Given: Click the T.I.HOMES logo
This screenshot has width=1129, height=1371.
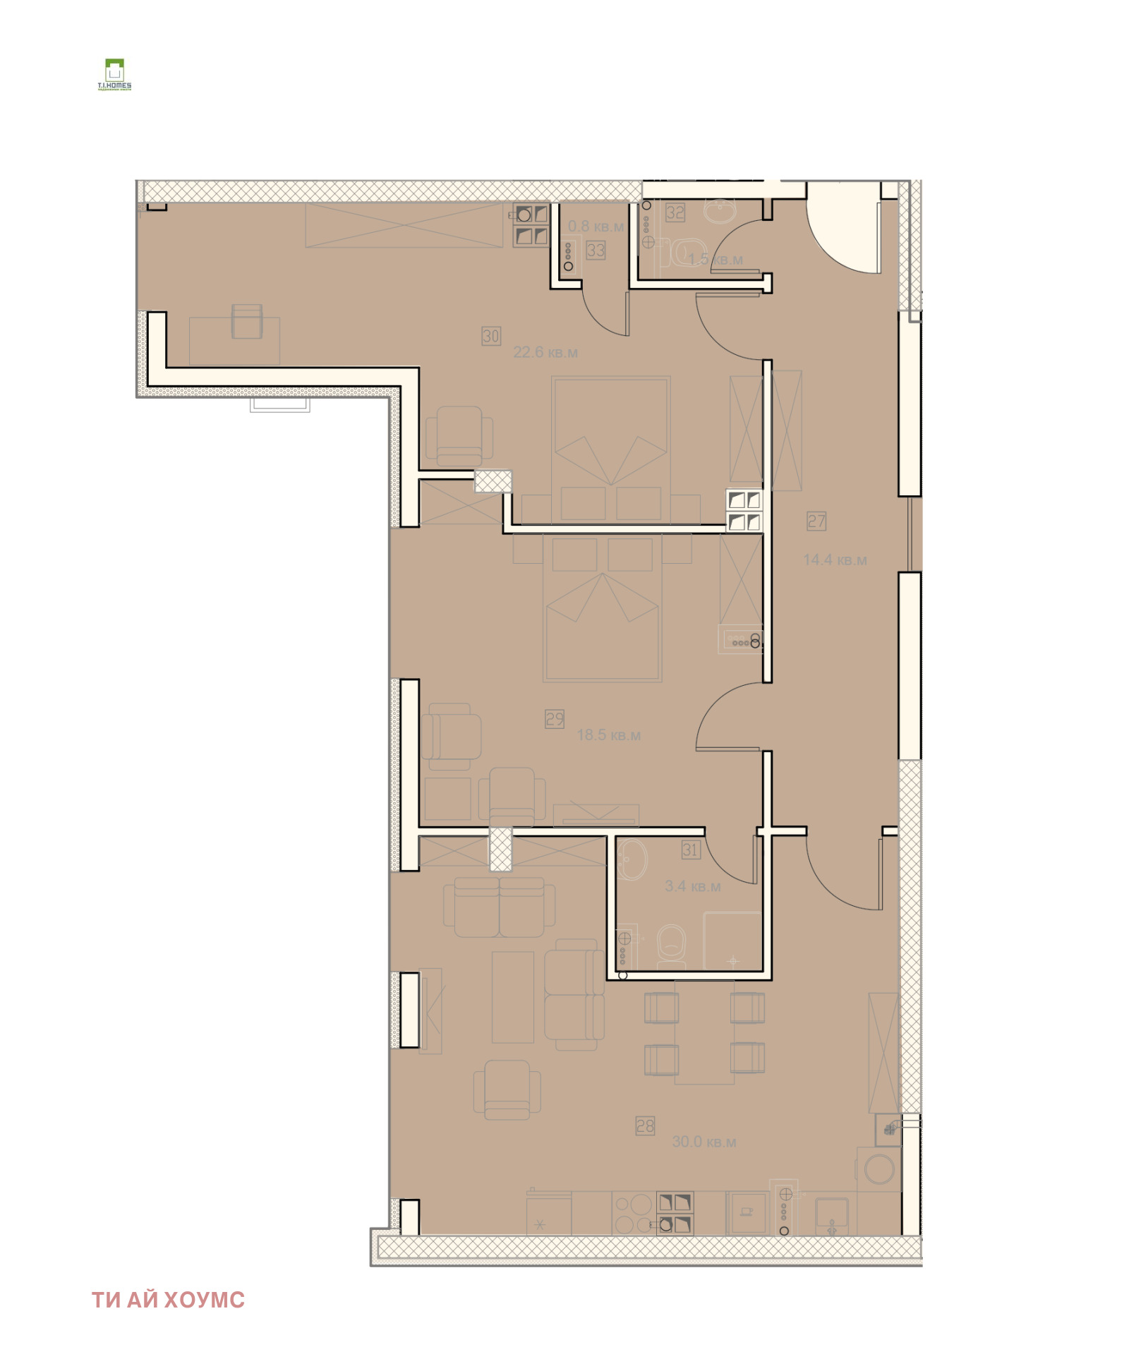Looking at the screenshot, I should (114, 75).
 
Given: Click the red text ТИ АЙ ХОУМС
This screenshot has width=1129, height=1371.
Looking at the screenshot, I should (168, 1300).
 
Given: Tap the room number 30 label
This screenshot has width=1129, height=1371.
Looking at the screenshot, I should (491, 336).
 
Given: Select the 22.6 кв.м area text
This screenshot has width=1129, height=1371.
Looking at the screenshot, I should (545, 352).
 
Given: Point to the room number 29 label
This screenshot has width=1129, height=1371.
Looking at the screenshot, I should (555, 719).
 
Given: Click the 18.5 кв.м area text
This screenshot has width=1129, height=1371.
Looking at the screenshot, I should (609, 735).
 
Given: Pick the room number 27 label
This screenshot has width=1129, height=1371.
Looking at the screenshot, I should (816, 521).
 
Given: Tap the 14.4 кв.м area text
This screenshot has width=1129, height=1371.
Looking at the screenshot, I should (835, 560).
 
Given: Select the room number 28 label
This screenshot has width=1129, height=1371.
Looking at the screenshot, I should (645, 1126).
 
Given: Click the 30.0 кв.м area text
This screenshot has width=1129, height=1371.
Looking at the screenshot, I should (704, 1142).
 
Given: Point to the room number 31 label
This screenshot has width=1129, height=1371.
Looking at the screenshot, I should (690, 850).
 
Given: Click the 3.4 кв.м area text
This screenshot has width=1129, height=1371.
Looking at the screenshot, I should (693, 886).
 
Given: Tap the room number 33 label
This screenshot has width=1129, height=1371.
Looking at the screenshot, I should (596, 250).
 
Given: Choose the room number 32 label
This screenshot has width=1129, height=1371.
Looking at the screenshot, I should (675, 212).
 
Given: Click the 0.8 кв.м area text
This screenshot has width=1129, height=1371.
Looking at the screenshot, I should (596, 227).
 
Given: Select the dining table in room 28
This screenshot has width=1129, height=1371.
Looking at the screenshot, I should (704, 1032).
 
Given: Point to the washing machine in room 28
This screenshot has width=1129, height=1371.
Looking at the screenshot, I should (879, 1169).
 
